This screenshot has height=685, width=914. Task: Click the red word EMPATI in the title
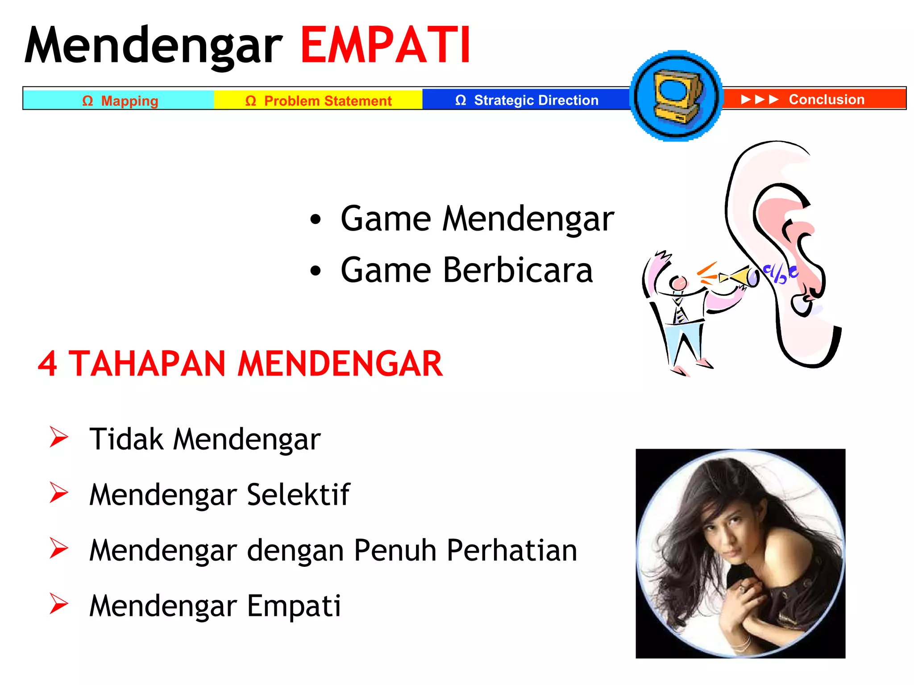pos(385,45)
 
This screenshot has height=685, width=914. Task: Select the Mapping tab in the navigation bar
pos(120,100)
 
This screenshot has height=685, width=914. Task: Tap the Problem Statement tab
pos(318,100)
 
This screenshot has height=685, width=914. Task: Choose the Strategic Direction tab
pos(527,100)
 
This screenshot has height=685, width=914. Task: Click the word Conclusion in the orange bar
pos(826,99)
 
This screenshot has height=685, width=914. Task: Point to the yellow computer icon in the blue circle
pos(676,96)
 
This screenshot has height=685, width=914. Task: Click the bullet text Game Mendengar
pos(477,219)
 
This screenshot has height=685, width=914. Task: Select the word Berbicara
pos(518,270)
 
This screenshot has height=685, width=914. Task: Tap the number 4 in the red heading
pos(47,364)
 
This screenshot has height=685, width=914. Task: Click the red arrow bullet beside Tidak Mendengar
pos(58,437)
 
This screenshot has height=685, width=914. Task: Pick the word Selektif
pos(298,495)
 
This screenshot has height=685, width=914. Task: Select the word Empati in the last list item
pos(294,606)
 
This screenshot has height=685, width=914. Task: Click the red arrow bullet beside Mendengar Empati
pos(58,604)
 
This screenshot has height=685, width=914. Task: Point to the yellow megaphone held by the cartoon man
pos(739,277)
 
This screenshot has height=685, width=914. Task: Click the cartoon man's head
pos(678,283)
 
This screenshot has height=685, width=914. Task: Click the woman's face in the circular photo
pos(723,531)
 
